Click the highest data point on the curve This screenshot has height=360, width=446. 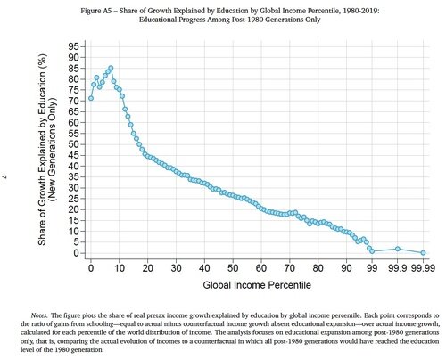coord(111,68)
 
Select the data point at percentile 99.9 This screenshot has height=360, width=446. coord(398,249)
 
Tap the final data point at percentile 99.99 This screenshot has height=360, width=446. coord(423,253)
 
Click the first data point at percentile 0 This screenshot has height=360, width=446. coord(91,98)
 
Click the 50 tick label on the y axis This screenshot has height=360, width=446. coord(73,144)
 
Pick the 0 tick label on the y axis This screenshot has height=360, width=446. coord(76,253)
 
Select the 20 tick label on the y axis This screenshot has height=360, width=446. coord(73,209)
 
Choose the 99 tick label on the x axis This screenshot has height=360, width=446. coord(372,268)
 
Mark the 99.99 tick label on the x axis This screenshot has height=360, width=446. coord(423,268)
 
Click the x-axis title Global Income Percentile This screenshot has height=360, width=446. coord(257,285)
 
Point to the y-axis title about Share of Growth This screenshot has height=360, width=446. coord(46,150)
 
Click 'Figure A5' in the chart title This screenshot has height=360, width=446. coord(91,11)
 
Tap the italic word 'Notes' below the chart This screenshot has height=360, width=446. coord(39,315)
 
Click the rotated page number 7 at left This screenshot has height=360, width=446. coord(4,177)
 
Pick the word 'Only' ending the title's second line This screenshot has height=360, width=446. coord(314,20)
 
